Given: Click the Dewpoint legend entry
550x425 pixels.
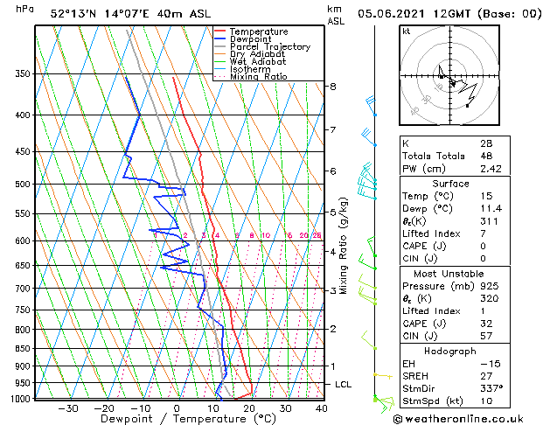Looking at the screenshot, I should pyautogui.click(x=253, y=39).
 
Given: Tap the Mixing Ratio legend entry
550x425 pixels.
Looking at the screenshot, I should pyautogui.click(x=258, y=77).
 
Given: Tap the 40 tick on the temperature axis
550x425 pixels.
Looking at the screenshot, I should pyautogui.click(x=322, y=408).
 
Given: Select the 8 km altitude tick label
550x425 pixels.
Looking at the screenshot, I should pyautogui.click(x=332, y=87).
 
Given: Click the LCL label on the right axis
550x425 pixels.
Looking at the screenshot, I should pyautogui.click(x=344, y=385).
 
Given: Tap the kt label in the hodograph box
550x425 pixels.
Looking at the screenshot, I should pyautogui.click(x=407, y=31).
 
